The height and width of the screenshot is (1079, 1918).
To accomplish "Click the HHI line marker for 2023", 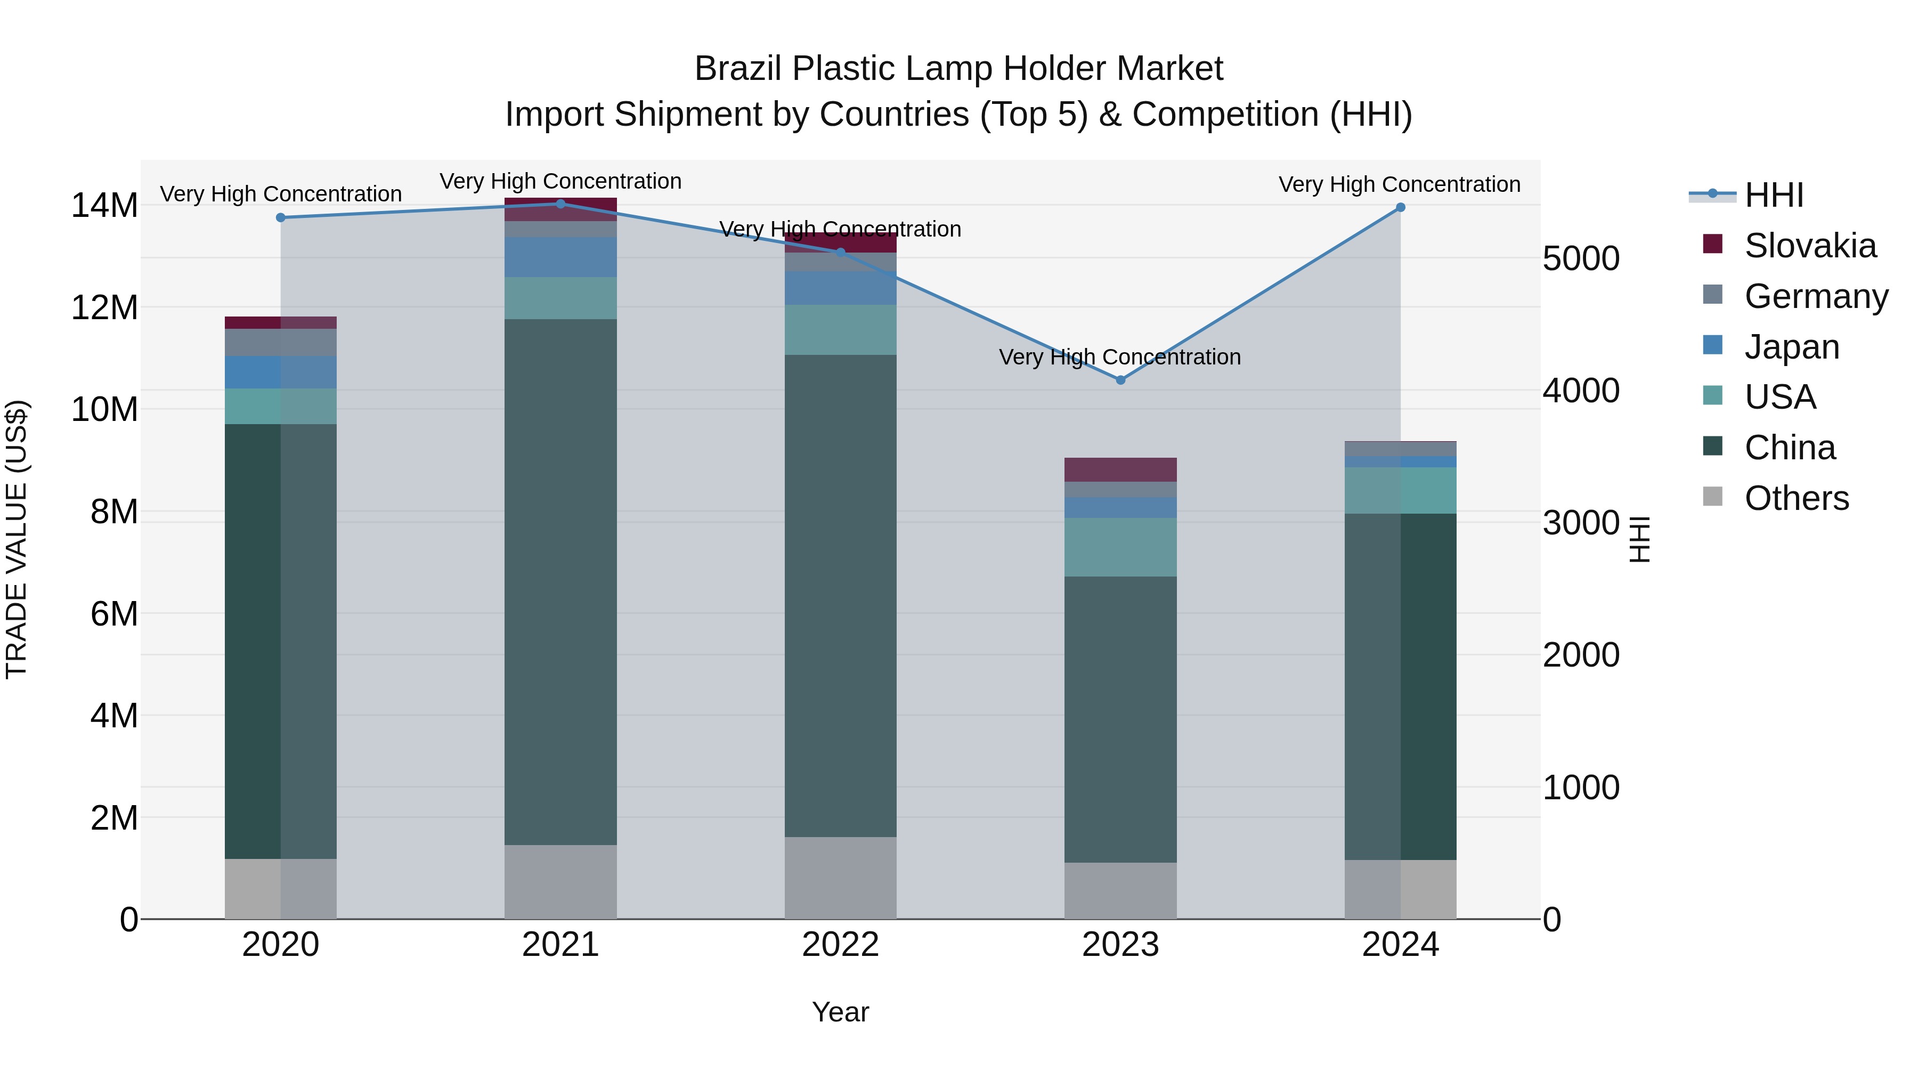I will coord(1120,380).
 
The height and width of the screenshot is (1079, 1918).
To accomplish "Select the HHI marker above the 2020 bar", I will coord(281,217).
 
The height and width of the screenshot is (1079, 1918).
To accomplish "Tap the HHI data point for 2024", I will coord(1401,207).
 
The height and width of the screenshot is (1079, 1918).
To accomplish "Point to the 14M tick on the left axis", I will coord(104,206).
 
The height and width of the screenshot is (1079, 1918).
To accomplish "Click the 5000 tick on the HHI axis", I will coord(1581,258).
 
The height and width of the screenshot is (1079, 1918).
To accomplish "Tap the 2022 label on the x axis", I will coord(841,945).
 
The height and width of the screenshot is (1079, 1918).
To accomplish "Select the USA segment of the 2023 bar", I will coord(1120,547).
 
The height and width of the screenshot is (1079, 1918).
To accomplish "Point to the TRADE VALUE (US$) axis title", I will coord(17,539).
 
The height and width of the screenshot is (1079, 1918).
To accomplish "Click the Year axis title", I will coord(841,1012).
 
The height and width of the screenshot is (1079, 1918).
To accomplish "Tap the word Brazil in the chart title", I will coord(738,69).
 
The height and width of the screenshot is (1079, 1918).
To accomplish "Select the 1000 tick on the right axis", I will coord(1581,787).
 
